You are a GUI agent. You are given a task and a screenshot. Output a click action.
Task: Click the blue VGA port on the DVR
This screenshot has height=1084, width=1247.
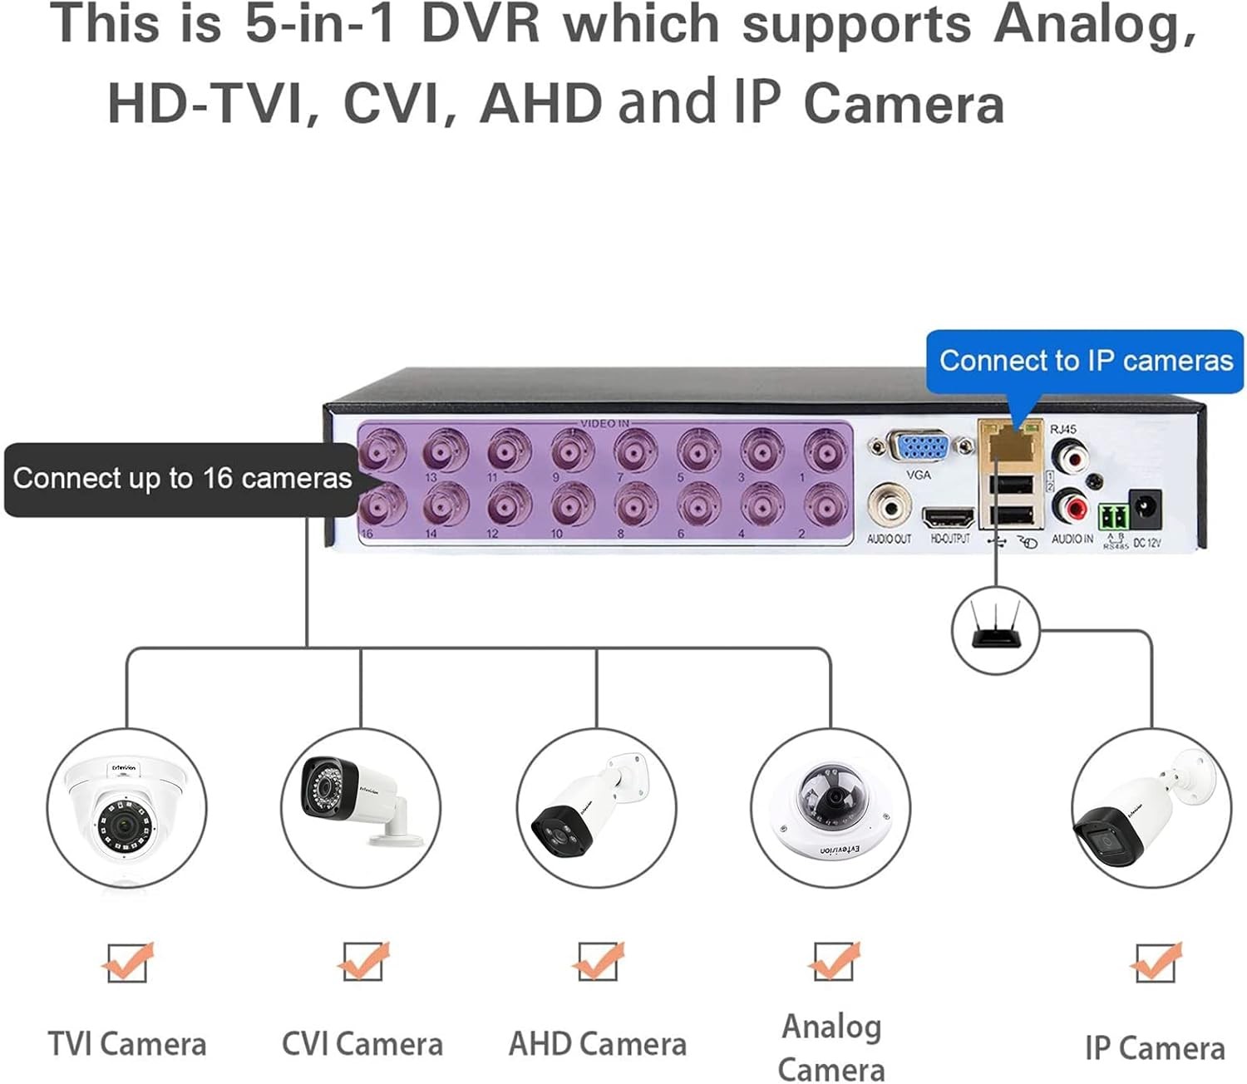(919, 447)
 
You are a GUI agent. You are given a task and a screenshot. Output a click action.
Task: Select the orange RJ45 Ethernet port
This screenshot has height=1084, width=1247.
(1011, 446)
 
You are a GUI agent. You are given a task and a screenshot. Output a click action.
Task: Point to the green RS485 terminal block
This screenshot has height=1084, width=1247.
(1114, 517)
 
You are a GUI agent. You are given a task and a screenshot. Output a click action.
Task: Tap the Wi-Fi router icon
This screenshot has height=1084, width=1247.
(995, 628)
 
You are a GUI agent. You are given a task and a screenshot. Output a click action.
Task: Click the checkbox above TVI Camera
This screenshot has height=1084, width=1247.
(127, 963)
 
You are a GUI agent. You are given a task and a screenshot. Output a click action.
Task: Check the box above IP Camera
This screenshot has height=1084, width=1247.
(1155, 963)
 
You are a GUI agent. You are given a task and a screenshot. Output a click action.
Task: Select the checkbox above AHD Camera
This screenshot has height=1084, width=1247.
(597, 962)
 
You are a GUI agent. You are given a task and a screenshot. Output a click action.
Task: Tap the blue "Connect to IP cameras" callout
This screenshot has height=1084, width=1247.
(1085, 361)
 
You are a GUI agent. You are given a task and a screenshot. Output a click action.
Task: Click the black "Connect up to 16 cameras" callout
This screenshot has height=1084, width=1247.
(182, 479)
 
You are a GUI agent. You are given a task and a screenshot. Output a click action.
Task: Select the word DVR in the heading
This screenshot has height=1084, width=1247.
(481, 25)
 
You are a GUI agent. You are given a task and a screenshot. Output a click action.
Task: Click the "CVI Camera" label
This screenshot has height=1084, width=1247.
(362, 1044)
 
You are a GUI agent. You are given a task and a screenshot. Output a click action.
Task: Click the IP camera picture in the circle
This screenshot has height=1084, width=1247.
(1151, 811)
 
